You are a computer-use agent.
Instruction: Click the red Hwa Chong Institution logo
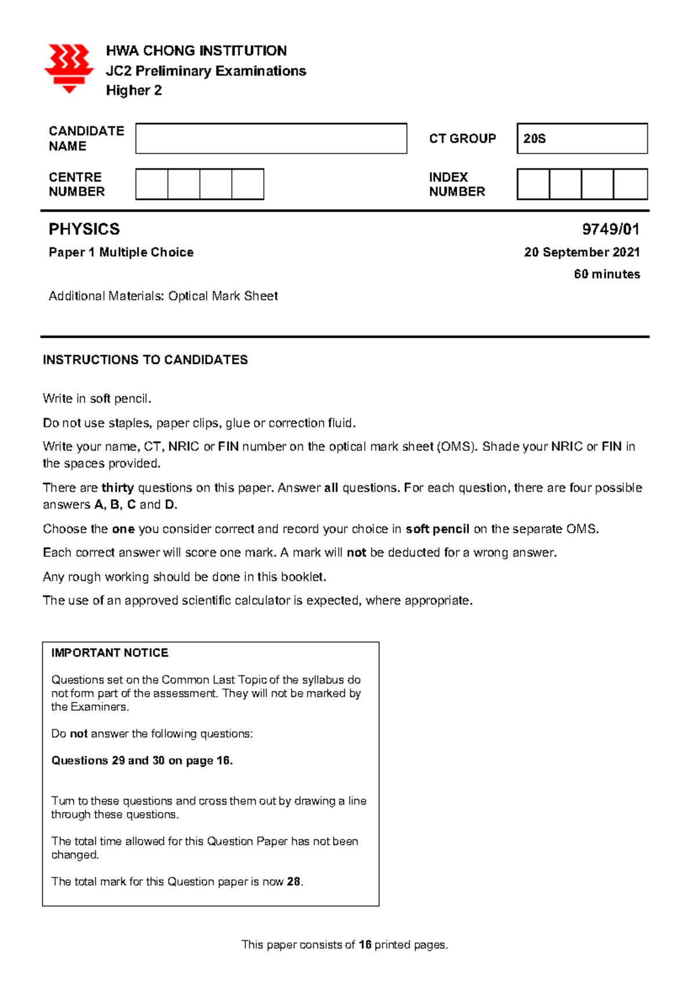(x=68, y=68)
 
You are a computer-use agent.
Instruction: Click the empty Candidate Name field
(x=271, y=139)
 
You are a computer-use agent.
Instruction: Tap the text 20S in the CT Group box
(x=534, y=139)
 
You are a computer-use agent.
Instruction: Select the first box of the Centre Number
(x=152, y=184)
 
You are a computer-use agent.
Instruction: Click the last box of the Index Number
(x=630, y=184)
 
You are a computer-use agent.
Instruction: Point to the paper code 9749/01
(x=610, y=230)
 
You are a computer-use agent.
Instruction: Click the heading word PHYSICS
(x=84, y=230)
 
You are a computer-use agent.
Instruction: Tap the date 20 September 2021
(x=582, y=252)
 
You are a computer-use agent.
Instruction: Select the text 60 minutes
(x=607, y=274)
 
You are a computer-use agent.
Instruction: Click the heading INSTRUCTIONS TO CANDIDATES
(x=145, y=360)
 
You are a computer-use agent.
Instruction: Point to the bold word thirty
(x=117, y=488)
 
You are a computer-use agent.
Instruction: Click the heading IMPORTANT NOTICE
(x=110, y=653)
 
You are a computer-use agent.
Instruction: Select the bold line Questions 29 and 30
(x=142, y=760)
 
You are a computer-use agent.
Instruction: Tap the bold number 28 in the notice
(x=293, y=882)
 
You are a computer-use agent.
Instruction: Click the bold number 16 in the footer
(x=365, y=945)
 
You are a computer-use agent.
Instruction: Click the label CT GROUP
(x=462, y=139)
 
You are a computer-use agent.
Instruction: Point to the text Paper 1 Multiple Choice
(x=121, y=252)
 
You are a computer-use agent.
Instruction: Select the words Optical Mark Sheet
(x=223, y=296)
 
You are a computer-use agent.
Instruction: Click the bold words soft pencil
(x=437, y=529)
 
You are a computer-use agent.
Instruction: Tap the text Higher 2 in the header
(x=133, y=90)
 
